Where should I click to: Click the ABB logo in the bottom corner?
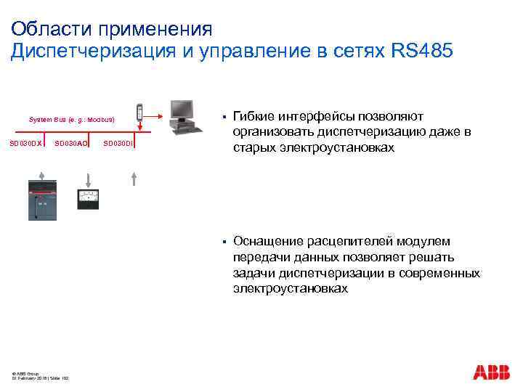coord(492,373)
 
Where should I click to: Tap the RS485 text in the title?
coord(422,52)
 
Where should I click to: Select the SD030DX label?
coord(25,143)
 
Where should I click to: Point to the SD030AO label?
coord(72,143)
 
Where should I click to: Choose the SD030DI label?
coord(118,143)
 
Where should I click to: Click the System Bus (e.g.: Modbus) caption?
coord(72,118)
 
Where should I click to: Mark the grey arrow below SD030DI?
coord(134,177)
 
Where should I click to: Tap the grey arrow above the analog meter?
coord(88,177)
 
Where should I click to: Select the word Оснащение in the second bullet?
coord(265,242)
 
